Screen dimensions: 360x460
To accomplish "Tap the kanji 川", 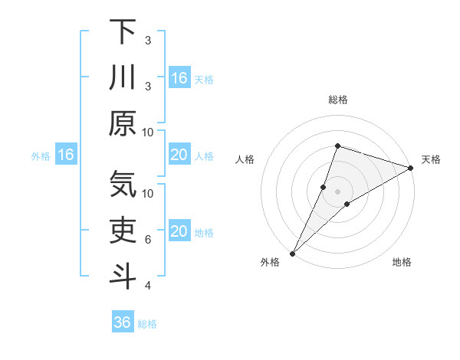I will (123, 78).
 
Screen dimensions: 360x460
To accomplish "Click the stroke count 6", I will (148, 240).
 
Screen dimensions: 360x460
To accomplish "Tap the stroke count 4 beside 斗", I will (148, 286).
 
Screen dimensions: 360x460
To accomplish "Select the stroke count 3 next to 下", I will (148, 40).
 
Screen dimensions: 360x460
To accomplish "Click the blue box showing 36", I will (123, 322).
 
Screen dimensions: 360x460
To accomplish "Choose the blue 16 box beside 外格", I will (65, 155).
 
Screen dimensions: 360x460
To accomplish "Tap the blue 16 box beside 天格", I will (179, 78).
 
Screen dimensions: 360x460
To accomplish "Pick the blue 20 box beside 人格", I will (179, 155).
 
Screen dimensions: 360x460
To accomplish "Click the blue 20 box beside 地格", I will (179, 232).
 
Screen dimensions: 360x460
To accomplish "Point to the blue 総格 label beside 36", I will (147, 324).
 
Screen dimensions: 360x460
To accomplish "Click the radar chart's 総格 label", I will (337, 100).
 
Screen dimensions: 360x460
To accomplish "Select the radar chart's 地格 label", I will (402, 263).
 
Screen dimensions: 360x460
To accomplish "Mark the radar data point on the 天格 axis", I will (411, 168).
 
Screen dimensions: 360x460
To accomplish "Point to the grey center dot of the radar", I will (337, 191).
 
